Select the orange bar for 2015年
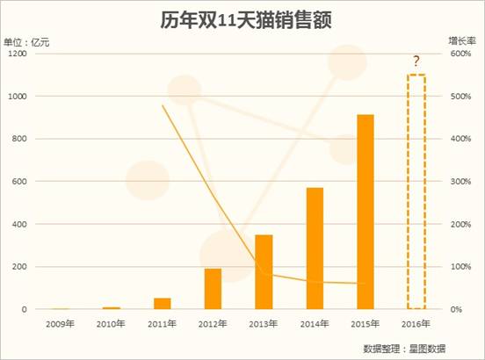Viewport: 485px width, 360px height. click(366, 212)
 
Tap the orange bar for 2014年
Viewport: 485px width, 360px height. click(315, 248)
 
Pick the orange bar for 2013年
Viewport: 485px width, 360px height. click(264, 272)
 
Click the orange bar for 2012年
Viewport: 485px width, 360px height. click(213, 289)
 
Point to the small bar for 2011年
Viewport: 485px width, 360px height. click(162, 304)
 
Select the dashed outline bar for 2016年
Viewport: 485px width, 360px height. click(416, 191)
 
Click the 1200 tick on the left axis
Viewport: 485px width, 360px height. click(18, 54)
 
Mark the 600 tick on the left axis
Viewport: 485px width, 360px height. click(21, 182)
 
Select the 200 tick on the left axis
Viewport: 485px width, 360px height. click(21, 267)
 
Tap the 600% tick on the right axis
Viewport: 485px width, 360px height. click(462, 54)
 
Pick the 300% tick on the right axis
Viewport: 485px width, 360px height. click(462, 182)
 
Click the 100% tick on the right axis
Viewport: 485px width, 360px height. click(462, 267)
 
